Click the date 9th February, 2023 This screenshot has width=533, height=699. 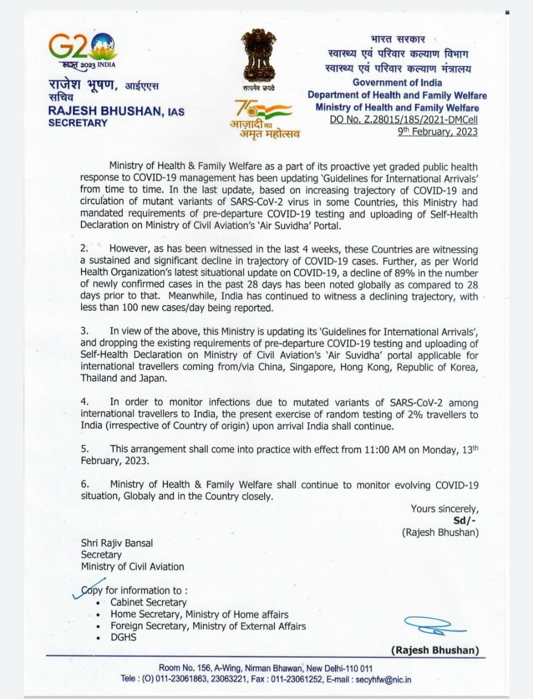pos(437,132)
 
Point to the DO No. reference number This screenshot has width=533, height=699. pos(403,120)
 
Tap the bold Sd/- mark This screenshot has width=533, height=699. pos(465,520)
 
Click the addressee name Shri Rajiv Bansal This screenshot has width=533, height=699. pos(117,543)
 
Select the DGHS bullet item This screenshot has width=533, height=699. pos(123,637)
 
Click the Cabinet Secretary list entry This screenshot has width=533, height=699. pos(148,602)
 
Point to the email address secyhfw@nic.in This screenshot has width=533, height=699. pos(383,680)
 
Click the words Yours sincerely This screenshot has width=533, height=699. pos(444,508)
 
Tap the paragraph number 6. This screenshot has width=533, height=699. pos(85,484)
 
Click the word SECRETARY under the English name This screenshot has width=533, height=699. pos(78,123)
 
